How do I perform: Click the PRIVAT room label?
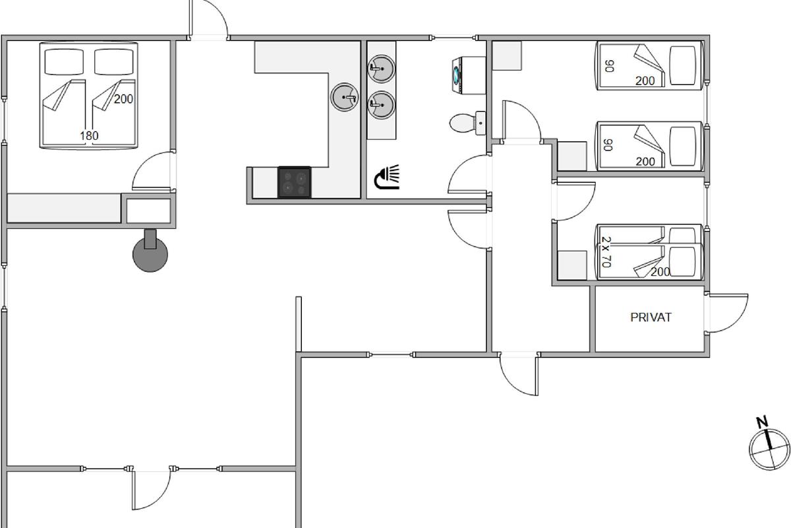(x=651, y=317)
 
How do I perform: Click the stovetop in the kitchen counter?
(x=294, y=181)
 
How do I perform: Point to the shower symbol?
(x=387, y=178)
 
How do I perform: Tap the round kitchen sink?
(x=344, y=97)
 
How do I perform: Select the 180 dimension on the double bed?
(x=89, y=136)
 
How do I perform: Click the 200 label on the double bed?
(x=123, y=99)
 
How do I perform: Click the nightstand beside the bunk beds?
(x=571, y=265)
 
